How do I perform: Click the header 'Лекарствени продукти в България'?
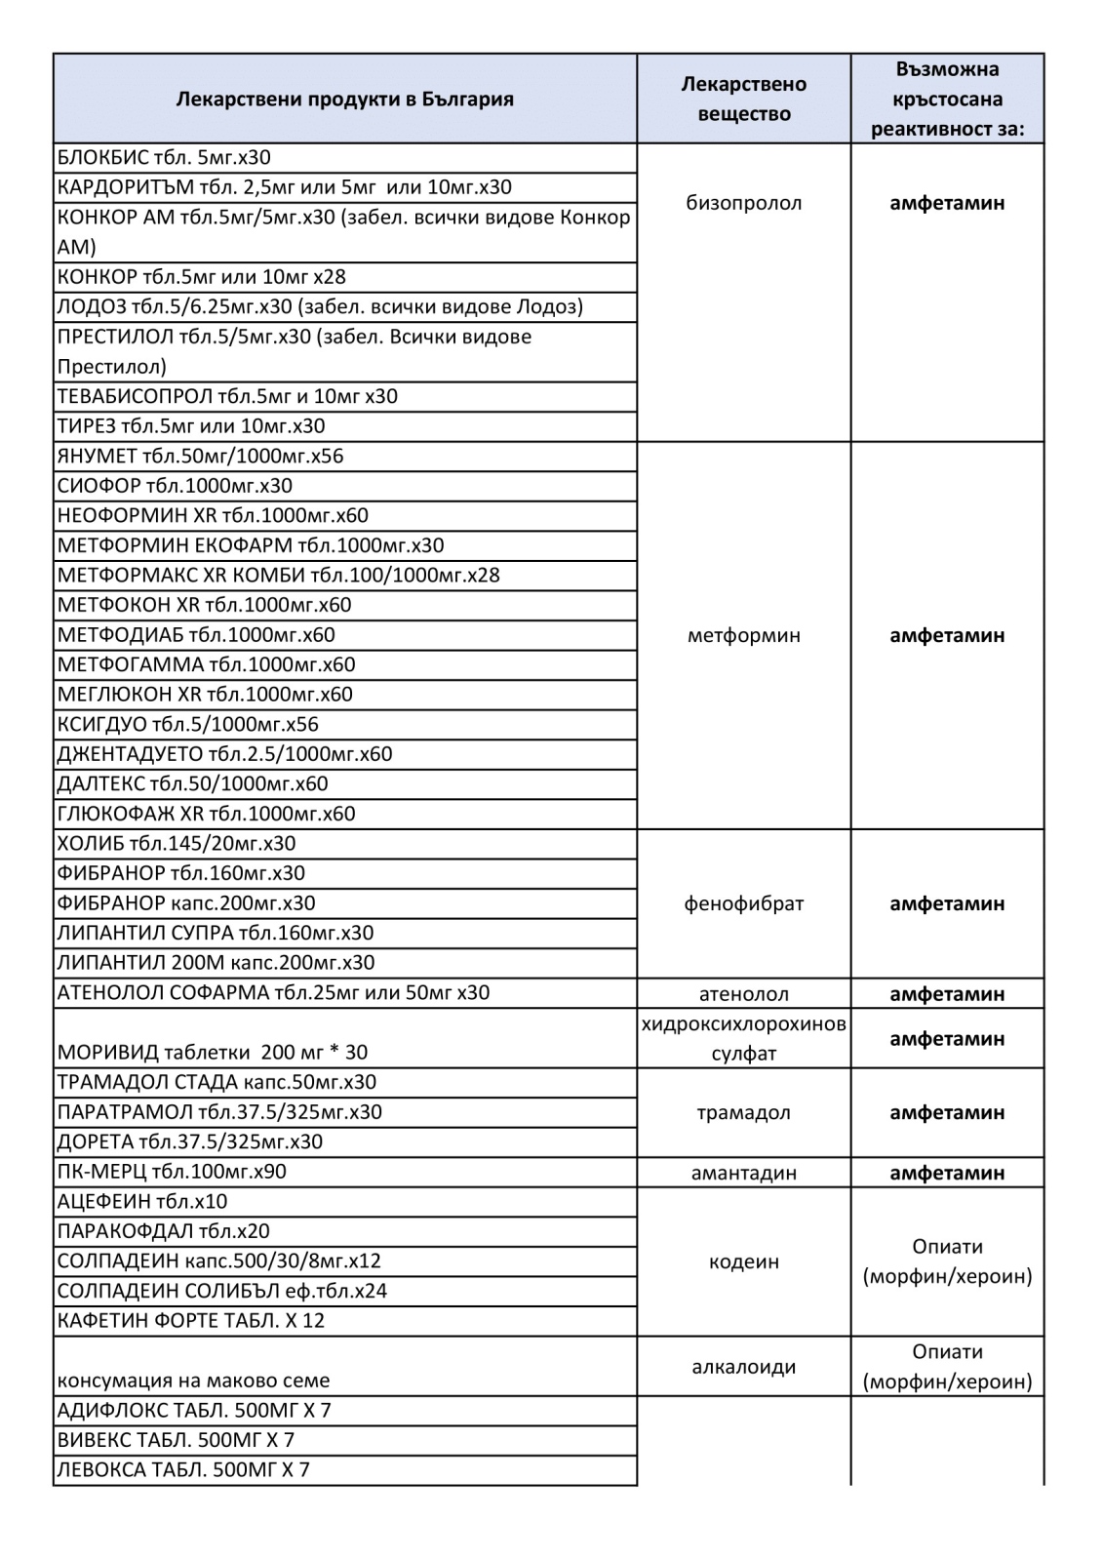pos(344,100)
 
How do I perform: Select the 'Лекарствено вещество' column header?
pos(743,99)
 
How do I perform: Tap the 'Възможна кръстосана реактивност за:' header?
pos(947,99)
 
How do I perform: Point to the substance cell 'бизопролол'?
pos(743,203)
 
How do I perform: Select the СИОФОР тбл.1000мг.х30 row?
pos(175,486)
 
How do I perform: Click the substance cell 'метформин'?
pos(743,635)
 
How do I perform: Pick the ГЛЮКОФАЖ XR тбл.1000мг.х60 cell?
pos(206,814)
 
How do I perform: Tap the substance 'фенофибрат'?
pos(743,903)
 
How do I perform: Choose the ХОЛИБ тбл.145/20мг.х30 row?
pos(177,844)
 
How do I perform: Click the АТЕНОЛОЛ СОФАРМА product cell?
pos(273,993)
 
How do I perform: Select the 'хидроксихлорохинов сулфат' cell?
pos(743,1038)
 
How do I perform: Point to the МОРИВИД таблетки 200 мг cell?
pos(213,1052)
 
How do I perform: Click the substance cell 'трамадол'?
pos(743,1112)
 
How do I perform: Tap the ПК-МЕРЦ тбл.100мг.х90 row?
pos(172,1172)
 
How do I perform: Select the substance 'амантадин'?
pos(743,1173)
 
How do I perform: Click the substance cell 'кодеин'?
pos(743,1261)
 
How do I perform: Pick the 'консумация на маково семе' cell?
pos(193,1381)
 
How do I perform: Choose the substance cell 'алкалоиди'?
pos(743,1366)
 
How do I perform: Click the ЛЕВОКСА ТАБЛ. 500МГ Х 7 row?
pos(183,1470)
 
